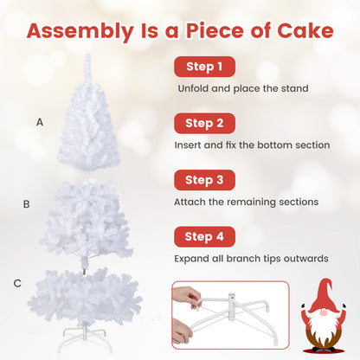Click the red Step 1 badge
pos(203,67)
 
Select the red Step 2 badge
pos(203,124)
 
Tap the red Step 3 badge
pos(203,180)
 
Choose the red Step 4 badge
pos(203,235)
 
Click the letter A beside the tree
pos(39,122)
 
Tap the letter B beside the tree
pos(27,204)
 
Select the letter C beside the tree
pos(16,283)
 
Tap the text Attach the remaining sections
pos(247,202)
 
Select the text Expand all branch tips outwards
pos(251,258)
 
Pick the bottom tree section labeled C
pos(87,294)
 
